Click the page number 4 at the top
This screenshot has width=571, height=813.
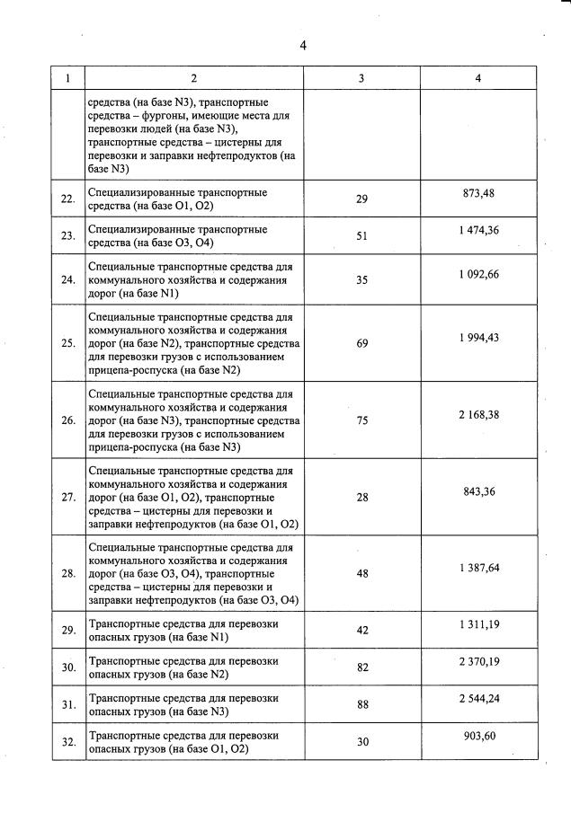pos(303,47)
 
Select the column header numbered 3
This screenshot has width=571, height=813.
pos(361,78)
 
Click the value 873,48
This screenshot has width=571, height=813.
pos(477,193)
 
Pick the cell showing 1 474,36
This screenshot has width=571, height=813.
pos(477,231)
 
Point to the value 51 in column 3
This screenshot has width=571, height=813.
pos(361,236)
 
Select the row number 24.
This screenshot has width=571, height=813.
pos(67,280)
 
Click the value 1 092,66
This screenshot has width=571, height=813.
pos(477,274)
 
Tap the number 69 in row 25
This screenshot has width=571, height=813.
pos(361,343)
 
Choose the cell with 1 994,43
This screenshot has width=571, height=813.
pos(477,337)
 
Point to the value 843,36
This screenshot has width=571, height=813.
pos(477,490)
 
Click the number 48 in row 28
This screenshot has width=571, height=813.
pos(361,573)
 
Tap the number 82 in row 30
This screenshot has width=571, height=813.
pos(361,667)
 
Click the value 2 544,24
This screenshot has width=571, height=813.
pos(477,699)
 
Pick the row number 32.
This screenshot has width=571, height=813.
pos(67,743)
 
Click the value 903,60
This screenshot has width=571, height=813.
pos(477,736)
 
